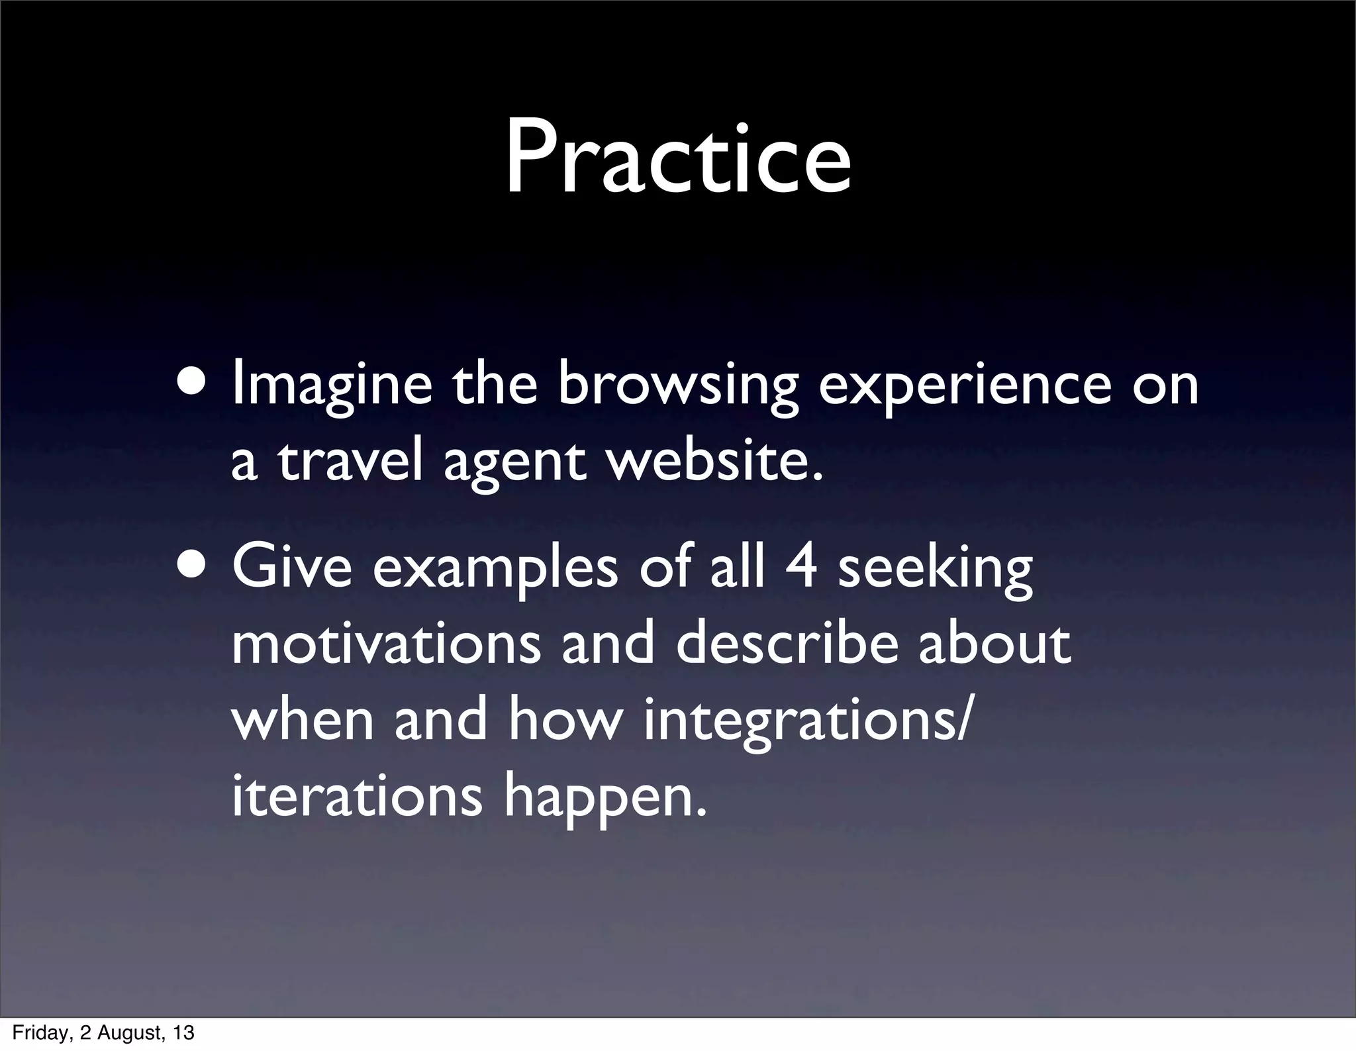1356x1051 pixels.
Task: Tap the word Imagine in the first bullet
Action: tap(331, 385)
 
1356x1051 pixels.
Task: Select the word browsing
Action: tap(677, 385)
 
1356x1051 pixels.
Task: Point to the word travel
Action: tap(350, 462)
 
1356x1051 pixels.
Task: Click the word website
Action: tap(716, 462)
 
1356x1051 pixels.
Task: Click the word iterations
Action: tap(357, 797)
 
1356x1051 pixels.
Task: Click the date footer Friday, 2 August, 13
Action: tap(103, 1032)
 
